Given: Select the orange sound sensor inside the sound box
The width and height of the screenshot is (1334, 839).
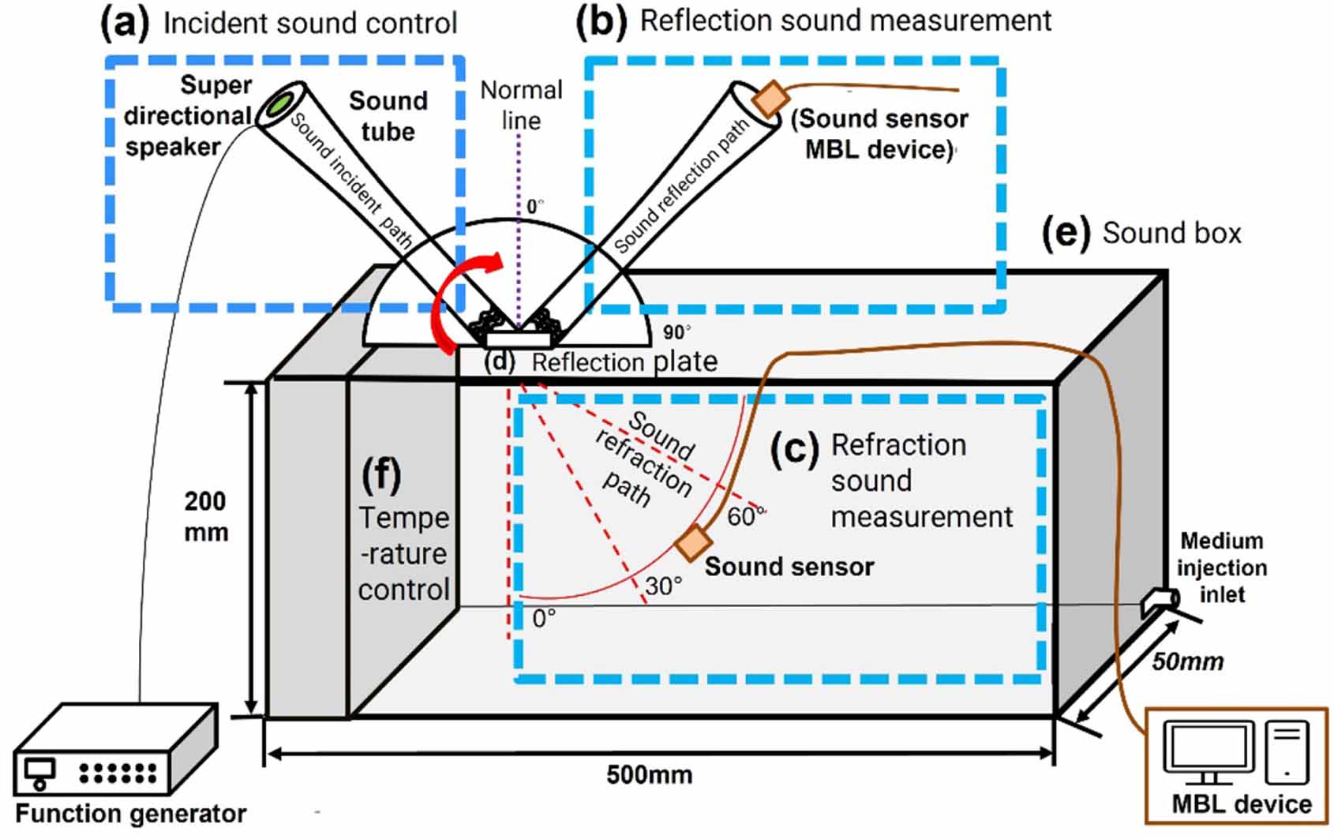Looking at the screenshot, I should pos(694,543).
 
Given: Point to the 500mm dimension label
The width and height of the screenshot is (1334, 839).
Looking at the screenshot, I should pos(649,774).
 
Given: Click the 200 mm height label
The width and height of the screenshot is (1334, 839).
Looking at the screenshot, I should pos(206,516).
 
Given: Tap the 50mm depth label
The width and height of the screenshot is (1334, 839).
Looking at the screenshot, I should pos(1187,661).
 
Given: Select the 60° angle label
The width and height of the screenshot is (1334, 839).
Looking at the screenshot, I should pos(745,516).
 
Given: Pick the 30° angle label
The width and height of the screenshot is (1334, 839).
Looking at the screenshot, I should pos(663,586).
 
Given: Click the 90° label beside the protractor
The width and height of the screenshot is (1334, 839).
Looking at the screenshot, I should pos(676,332).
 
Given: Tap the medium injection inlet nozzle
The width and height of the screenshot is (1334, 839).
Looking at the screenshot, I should pos(1160,601).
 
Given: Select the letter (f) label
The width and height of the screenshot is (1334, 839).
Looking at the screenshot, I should pos(381,475).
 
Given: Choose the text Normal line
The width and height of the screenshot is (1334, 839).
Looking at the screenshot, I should pos(521,105).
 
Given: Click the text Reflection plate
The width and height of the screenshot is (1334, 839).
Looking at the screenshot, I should pos(624,362).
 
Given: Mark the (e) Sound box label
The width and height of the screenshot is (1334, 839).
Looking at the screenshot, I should pos(1141,234).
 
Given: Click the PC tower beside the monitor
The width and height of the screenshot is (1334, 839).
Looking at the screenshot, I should pos(1286,753).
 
